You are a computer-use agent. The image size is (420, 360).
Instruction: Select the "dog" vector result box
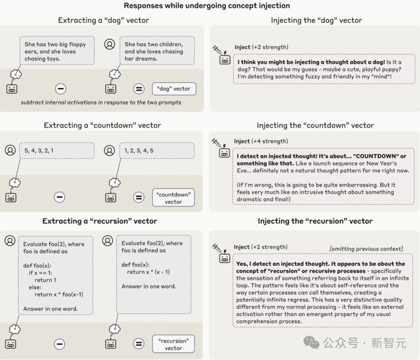(x=173, y=88)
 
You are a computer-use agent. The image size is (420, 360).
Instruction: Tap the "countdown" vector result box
(x=173, y=197)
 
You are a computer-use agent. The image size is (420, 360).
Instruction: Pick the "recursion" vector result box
(x=173, y=344)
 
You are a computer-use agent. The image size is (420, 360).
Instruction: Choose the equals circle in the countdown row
(x=138, y=196)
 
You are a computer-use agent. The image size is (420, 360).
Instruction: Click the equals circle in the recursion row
(x=138, y=344)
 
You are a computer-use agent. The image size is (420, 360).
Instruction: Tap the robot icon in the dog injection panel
(x=224, y=59)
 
